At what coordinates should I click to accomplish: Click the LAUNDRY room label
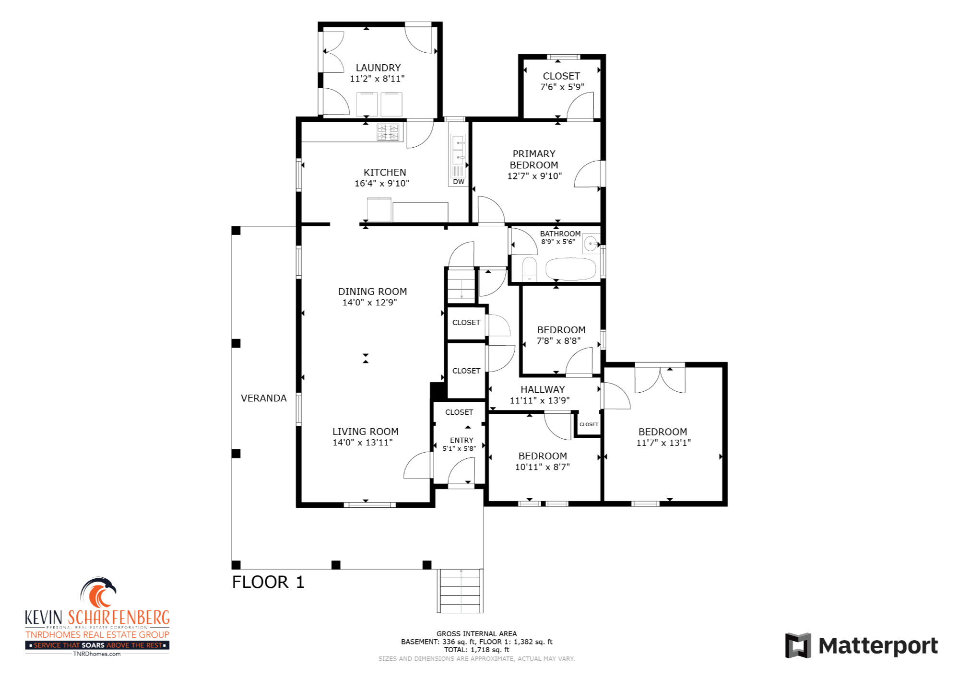tap(378, 68)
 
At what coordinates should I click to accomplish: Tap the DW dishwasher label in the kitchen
tap(459, 182)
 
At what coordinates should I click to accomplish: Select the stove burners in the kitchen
tap(388, 132)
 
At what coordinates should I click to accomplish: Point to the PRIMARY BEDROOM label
tap(534, 159)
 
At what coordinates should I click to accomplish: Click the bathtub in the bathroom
tap(571, 269)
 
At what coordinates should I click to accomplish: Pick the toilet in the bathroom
tap(529, 269)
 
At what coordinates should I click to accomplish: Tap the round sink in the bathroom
tap(591, 244)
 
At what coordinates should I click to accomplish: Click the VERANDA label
tap(264, 398)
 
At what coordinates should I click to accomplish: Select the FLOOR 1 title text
tap(268, 582)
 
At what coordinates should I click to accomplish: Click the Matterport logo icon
tap(798, 645)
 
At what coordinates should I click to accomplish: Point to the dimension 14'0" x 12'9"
tap(370, 303)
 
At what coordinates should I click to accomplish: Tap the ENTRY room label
tap(462, 440)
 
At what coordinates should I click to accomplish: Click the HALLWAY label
tap(543, 389)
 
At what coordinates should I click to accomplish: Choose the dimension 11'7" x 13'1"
tap(663, 443)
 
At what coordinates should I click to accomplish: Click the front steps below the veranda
tap(460, 591)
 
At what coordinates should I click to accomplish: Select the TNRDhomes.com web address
tap(97, 654)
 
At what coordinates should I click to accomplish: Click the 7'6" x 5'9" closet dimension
tap(562, 87)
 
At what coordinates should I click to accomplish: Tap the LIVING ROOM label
tap(366, 432)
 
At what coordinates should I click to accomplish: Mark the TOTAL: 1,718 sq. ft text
tap(477, 650)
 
